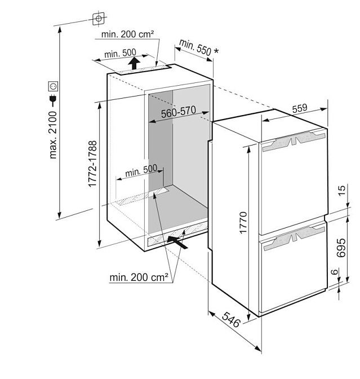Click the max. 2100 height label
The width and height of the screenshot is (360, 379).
pos(53,135)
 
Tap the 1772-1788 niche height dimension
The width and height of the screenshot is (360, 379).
pos(92,164)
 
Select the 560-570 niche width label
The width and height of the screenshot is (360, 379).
pos(179,112)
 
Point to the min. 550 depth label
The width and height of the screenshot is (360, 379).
pos(195,47)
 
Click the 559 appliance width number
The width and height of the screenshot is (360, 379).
pos(300,108)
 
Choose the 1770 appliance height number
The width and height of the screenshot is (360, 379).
pos(243,223)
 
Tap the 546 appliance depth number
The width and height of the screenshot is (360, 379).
pos(231,320)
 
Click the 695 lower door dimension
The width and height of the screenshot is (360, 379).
pos(341,248)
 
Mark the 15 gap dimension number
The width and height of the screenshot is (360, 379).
pos(341,191)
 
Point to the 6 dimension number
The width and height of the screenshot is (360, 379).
pos(335,272)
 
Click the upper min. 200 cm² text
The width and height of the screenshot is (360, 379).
pos(127,34)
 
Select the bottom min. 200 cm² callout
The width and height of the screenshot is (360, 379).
pos(139,277)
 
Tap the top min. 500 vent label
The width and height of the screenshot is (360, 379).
pos(120,53)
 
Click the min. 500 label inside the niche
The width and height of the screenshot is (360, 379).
pos(141,170)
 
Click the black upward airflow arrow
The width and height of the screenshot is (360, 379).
pos(134,63)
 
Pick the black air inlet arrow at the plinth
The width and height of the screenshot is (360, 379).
pos(177,242)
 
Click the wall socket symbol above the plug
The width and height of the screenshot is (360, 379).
pos(53,86)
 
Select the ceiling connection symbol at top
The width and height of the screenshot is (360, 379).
pos(99,19)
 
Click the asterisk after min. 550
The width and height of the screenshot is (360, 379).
pos(216,51)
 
